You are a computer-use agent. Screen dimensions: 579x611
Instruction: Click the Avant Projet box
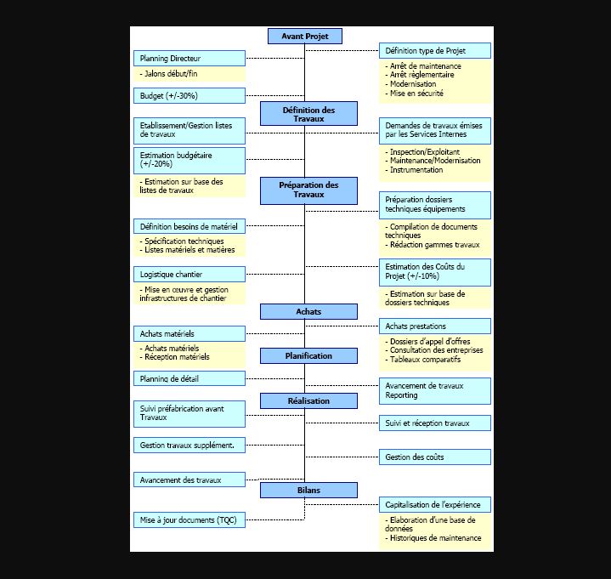304,36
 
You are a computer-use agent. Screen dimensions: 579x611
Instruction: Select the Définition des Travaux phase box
308,114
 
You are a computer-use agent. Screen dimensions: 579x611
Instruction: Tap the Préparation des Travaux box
308,190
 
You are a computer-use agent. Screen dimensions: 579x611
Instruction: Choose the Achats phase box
308,312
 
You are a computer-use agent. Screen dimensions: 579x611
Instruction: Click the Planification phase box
308,355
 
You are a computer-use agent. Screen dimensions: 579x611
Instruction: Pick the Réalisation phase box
308,400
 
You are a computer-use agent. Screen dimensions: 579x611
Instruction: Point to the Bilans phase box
308,491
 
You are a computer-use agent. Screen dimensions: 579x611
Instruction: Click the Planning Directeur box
190,59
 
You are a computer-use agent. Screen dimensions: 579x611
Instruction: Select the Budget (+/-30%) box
190,95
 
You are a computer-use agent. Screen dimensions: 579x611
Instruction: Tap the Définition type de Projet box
434,51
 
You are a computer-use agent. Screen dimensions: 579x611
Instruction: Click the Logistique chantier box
190,275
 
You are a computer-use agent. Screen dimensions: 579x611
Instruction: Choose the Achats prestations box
434,326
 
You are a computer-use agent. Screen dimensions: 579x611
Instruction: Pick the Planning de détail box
190,378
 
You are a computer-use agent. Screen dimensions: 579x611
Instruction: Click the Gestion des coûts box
434,457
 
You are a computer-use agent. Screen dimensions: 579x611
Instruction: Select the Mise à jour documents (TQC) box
190,519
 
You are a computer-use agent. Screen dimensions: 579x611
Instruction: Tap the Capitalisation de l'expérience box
434,505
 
